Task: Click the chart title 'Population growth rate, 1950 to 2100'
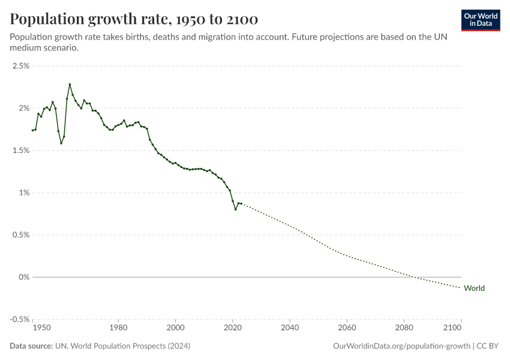pyautogui.click(x=134, y=20)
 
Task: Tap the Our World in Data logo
pyautogui.click(x=480, y=20)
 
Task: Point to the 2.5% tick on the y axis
pyautogui.click(x=22, y=66)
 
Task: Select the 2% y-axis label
pyautogui.click(x=24, y=108)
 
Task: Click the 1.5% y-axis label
pyautogui.click(x=22, y=151)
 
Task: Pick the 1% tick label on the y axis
pyautogui.click(x=24, y=193)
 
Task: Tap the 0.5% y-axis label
pyautogui.click(x=22, y=235)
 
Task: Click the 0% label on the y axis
pyautogui.click(x=24, y=277)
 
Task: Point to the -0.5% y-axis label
pyautogui.click(x=20, y=319)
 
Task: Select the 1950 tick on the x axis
pyautogui.click(x=41, y=329)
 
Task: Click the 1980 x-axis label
pyautogui.click(x=118, y=329)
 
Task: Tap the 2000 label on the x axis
pyautogui.click(x=175, y=329)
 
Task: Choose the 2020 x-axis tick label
pyautogui.click(x=233, y=329)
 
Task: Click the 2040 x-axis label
pyautogui.click(x=290, y=329)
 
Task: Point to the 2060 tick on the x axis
pyautogui.click(x=347, y=329)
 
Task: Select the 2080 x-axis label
pyautogui.click(x=404, y=329)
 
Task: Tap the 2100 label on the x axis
pyautogui.click(x=453, y=329)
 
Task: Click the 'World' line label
pyautogui.click(x=474, y=288)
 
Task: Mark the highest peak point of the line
pyautogui.click(x=70, y=85)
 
